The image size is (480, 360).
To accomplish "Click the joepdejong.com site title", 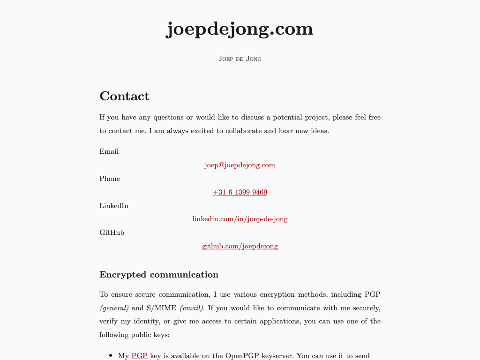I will (240, 29).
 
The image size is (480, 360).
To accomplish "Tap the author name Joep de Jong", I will (240, 59).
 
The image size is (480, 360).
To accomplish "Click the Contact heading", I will (124, 96).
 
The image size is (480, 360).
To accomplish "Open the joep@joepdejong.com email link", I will (240, 165).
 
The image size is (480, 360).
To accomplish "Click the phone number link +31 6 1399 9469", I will (240, 192).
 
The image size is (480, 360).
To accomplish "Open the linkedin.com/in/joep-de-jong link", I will (240, 219).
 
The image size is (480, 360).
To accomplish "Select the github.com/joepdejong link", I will (240, 246).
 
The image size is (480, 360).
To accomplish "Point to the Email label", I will (109, 151).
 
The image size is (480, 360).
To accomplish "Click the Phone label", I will (109, 179).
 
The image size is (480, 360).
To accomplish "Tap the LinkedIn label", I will (113, 206).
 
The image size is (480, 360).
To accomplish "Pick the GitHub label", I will (112, 232).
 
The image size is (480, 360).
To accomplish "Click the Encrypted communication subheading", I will (158, 275).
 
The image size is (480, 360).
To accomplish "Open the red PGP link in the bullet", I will (139, 356).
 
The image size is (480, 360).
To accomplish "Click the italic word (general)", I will (114, 308).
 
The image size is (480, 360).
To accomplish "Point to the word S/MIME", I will (161, 308).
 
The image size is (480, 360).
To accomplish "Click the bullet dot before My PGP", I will (111, 356).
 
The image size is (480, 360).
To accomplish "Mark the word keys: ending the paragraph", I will (160, 335).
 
